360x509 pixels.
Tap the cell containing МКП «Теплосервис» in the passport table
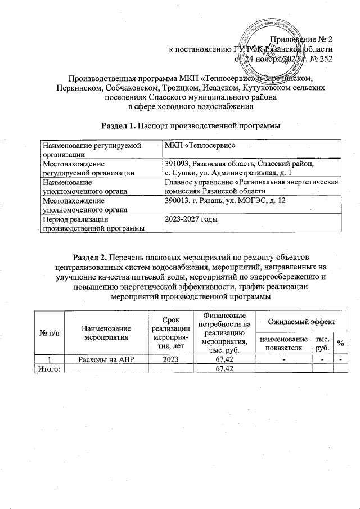tap(190, 145)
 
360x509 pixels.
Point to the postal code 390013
tap(176, 201)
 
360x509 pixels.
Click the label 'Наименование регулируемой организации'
tap(91, 148)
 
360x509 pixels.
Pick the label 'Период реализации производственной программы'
tap(91, 223)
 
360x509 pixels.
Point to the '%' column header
tap(340, 343)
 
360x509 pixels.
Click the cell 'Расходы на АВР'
tap(106, 359)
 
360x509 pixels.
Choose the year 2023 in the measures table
tap(170, 359)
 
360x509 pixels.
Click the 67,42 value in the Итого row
tap(220, 368)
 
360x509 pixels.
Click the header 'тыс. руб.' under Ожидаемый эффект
tap(322, 343)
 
